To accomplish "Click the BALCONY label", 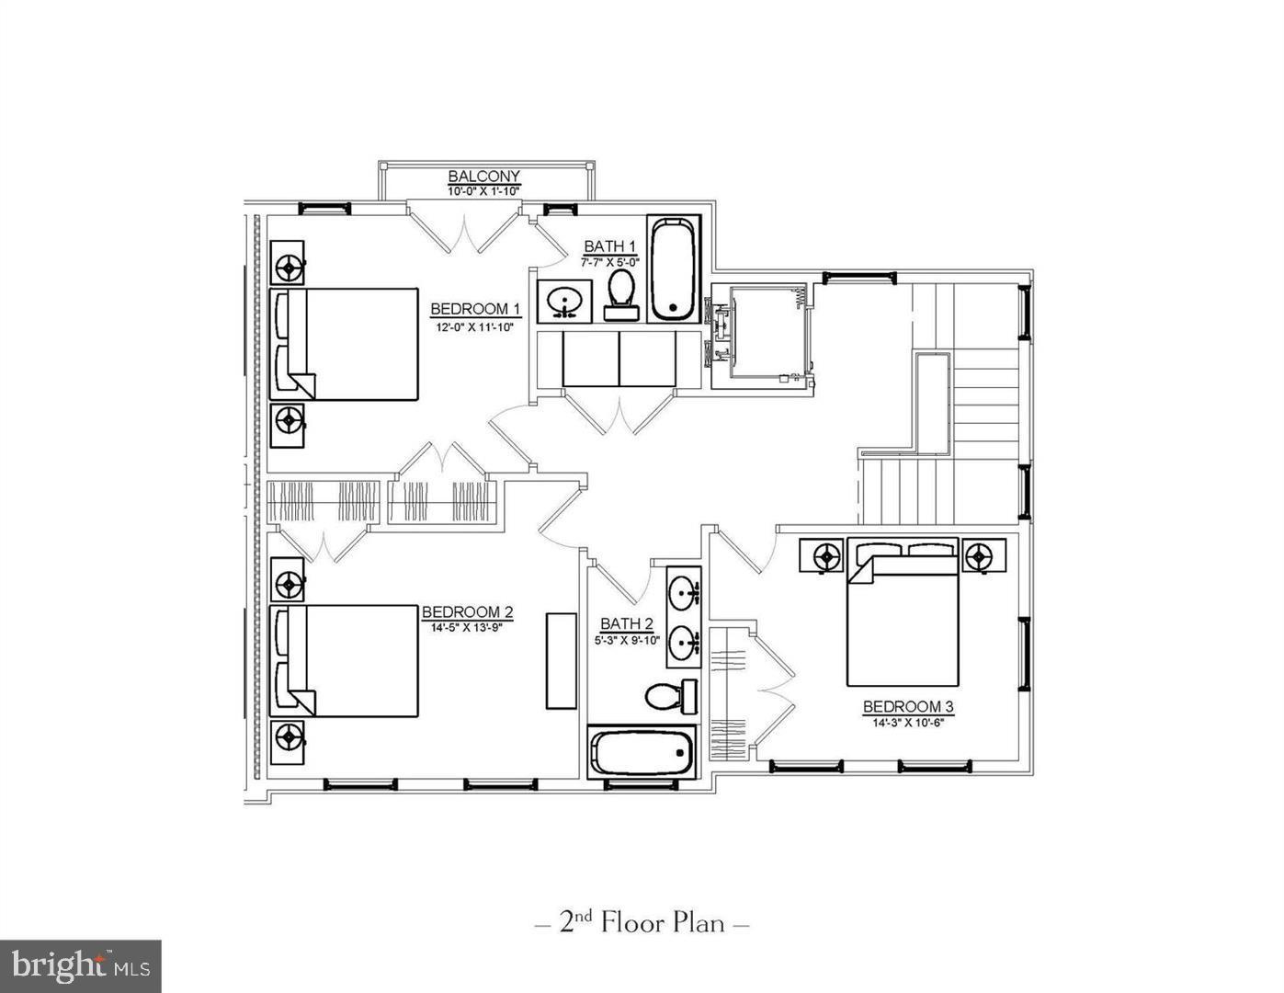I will tap(483, 177).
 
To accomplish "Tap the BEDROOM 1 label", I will tap(475, 309).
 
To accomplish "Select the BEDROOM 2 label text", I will tap(467, 612).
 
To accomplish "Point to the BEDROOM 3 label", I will tap(908, 706).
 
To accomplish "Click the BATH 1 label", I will tap(610, 246).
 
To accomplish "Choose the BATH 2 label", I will tap(627, 624).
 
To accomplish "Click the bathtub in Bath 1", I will tap(675, 268).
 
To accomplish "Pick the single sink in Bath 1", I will tap(562, 302).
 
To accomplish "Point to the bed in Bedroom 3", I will tap(903, 613).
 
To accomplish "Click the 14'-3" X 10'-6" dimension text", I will tap(908, 722).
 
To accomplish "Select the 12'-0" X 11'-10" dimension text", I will tap(475, 326).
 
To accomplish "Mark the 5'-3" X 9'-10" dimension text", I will tap(627, 640).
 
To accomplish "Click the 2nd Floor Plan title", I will tap(642, 922).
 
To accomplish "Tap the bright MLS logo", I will tap(80, 965).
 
